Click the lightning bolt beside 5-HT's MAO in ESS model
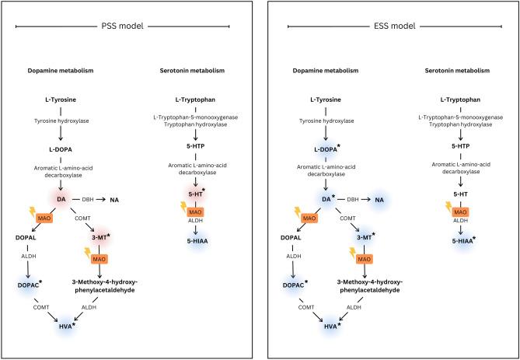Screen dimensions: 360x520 coord(448,207)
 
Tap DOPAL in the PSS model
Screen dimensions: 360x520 coord(26,236)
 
